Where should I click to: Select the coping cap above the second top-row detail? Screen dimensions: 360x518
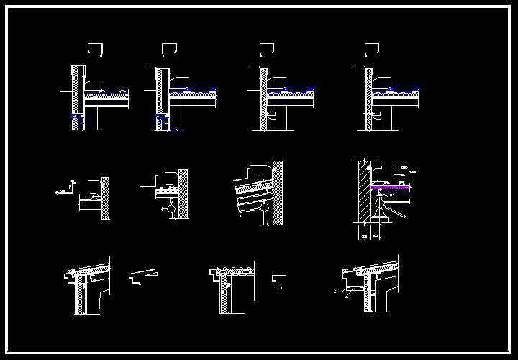[170, 49]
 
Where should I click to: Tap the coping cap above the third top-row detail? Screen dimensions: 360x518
[266, 49]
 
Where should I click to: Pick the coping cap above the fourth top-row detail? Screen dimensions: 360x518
[372, 49]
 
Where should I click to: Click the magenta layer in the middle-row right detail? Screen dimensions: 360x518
[390, 187]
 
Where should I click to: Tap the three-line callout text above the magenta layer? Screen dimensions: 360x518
[404, 172]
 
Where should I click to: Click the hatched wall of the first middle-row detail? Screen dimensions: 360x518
[106, 198]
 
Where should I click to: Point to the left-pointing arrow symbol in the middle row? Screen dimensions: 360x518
[58, 192]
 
